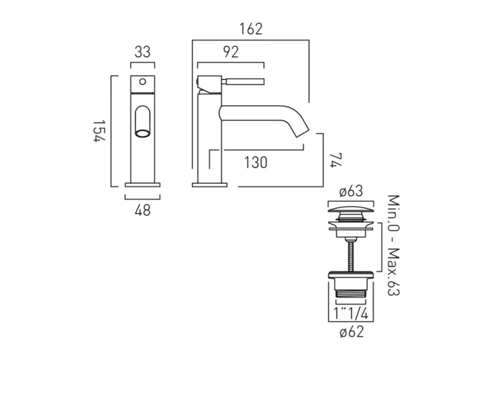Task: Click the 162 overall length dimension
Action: point(251,30)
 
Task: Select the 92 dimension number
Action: point(230,53)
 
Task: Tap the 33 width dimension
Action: point(142,52)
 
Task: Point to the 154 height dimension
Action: point(98,132)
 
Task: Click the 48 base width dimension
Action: point(142,210)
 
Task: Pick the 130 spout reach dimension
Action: point(256,163)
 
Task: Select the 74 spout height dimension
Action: point(333,159)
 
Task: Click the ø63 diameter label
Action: point(351,192)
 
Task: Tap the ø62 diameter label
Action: point(351,332)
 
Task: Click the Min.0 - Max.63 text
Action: point(393,245)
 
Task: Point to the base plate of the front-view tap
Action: point(142,185)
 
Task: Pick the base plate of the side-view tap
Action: point(210,185)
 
